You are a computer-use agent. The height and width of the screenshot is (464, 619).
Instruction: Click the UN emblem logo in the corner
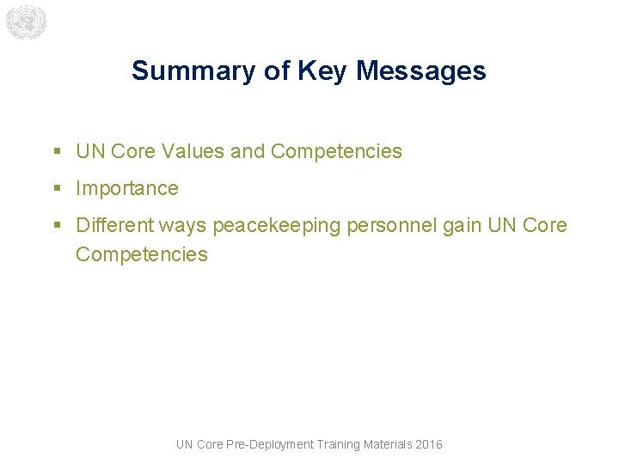point(25,22)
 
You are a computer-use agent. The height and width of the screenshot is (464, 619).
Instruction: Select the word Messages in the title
point(420,70)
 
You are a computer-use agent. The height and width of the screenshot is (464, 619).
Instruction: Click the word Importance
point(127,188)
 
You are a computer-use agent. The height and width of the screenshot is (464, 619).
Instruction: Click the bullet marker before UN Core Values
point(57,152)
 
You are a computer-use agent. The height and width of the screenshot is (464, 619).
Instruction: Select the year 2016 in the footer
point(428,444)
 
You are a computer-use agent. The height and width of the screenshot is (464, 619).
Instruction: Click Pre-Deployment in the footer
point(269,444)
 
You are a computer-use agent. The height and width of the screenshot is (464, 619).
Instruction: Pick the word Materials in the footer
point(388,444)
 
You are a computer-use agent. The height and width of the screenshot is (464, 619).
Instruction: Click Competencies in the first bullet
point(336,151)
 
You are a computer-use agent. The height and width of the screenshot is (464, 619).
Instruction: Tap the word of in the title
point(278,70)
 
